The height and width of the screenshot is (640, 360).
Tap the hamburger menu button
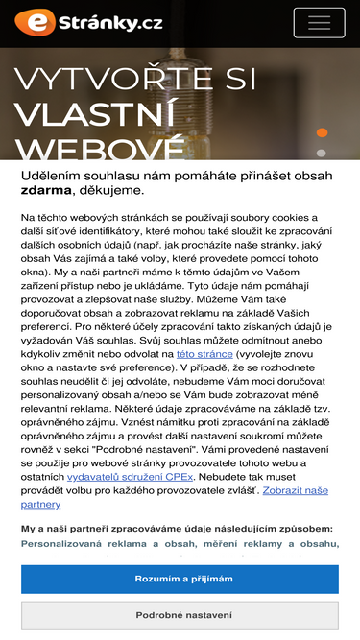319,22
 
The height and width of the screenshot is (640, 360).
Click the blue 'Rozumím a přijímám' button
180,579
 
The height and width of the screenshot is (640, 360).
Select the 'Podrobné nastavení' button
180,615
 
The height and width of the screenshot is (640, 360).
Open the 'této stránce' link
204,354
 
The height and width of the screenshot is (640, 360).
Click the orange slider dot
322,132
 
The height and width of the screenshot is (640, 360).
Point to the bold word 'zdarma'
46,191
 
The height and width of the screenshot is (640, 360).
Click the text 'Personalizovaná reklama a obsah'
115,544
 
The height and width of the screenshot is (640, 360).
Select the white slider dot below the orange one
322,153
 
